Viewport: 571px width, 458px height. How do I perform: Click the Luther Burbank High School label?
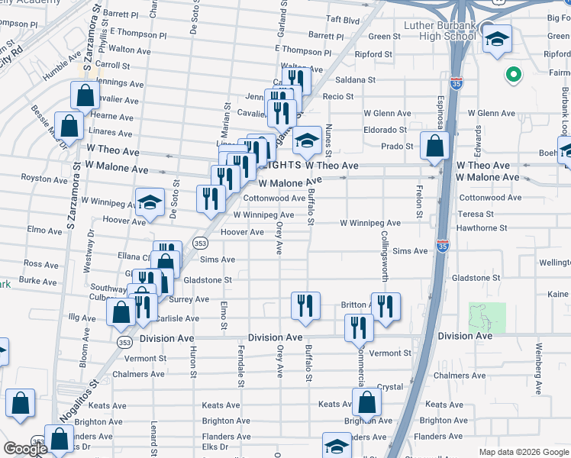[x=439, y=31]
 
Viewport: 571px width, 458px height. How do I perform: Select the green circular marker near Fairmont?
[x=514, y=75]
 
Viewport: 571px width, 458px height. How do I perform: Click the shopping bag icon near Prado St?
[x=434, y=145]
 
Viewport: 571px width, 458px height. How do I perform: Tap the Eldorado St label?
[x=385, y=130]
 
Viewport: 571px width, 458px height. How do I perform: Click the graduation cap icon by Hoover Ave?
[x=150, y=202]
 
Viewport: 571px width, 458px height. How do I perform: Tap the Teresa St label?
[x=476, y=214]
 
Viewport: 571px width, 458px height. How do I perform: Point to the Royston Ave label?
[x=40, y=177]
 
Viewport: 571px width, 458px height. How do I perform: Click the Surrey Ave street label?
[x=189, y=299]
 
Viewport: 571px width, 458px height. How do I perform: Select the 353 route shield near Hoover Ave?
[x=200, y=243]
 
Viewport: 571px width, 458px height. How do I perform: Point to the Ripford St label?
[x=373, y=55]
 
